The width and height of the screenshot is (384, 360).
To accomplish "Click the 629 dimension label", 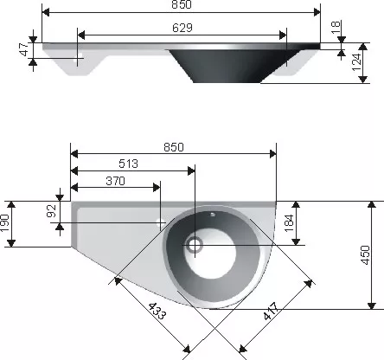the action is pyautogui.click(x=182, y=28).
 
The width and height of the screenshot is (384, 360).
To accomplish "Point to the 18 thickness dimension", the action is pyautogui.click(x=336, y=28).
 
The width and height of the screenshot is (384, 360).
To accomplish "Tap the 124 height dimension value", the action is pyautogui.click(x=356, y=62).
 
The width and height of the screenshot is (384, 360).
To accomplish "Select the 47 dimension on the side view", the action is pyautogui.click(x=24, y=49).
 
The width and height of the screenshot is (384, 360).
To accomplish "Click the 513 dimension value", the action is pyautogui.click(x=129, y=164).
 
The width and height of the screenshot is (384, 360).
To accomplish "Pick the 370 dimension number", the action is pyautogui.click(x=116, y=181).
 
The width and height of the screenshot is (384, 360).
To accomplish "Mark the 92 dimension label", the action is pyautogui.click(x=51, y=211).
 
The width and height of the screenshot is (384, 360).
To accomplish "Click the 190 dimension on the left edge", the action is pyautogui.click(x=4, y=223).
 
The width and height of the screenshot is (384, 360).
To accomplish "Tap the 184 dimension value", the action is pyautogui.click(x=289, y=223).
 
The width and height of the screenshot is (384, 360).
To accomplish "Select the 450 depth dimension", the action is pyautogui.click(x=365, y=255).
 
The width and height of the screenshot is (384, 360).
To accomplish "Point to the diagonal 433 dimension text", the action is pyautogui.click(x=157, y=312).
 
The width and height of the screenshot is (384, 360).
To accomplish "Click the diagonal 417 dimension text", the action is pyautogui.click(x=272, y=312).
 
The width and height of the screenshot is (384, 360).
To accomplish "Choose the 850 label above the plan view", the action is pyautogui.click(x=174, y=147).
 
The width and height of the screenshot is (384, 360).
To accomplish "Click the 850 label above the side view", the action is pyautogui.click(x=182, y=4).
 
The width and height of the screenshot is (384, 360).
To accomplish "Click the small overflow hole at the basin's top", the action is pyautogui.click(x=213, y=215).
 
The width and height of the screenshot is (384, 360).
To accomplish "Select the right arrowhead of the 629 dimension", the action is pyautogui.click(x=283, y=35).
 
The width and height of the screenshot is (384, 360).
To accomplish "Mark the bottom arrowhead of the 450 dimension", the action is pyautogui.click(x=372, y=305).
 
